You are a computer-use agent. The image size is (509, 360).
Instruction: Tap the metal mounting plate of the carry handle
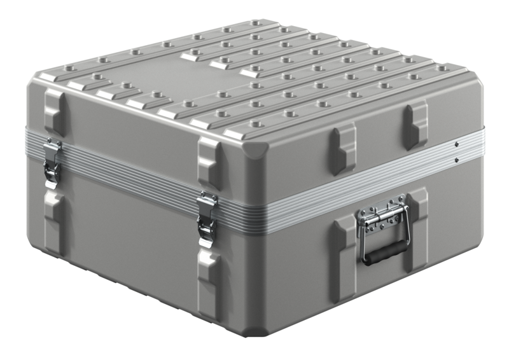(381, 215)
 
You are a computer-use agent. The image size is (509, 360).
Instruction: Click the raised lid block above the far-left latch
(54, 111)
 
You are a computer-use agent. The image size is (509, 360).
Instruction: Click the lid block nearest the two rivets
(415, 125)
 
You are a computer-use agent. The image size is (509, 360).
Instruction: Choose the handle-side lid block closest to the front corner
(342, 149)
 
